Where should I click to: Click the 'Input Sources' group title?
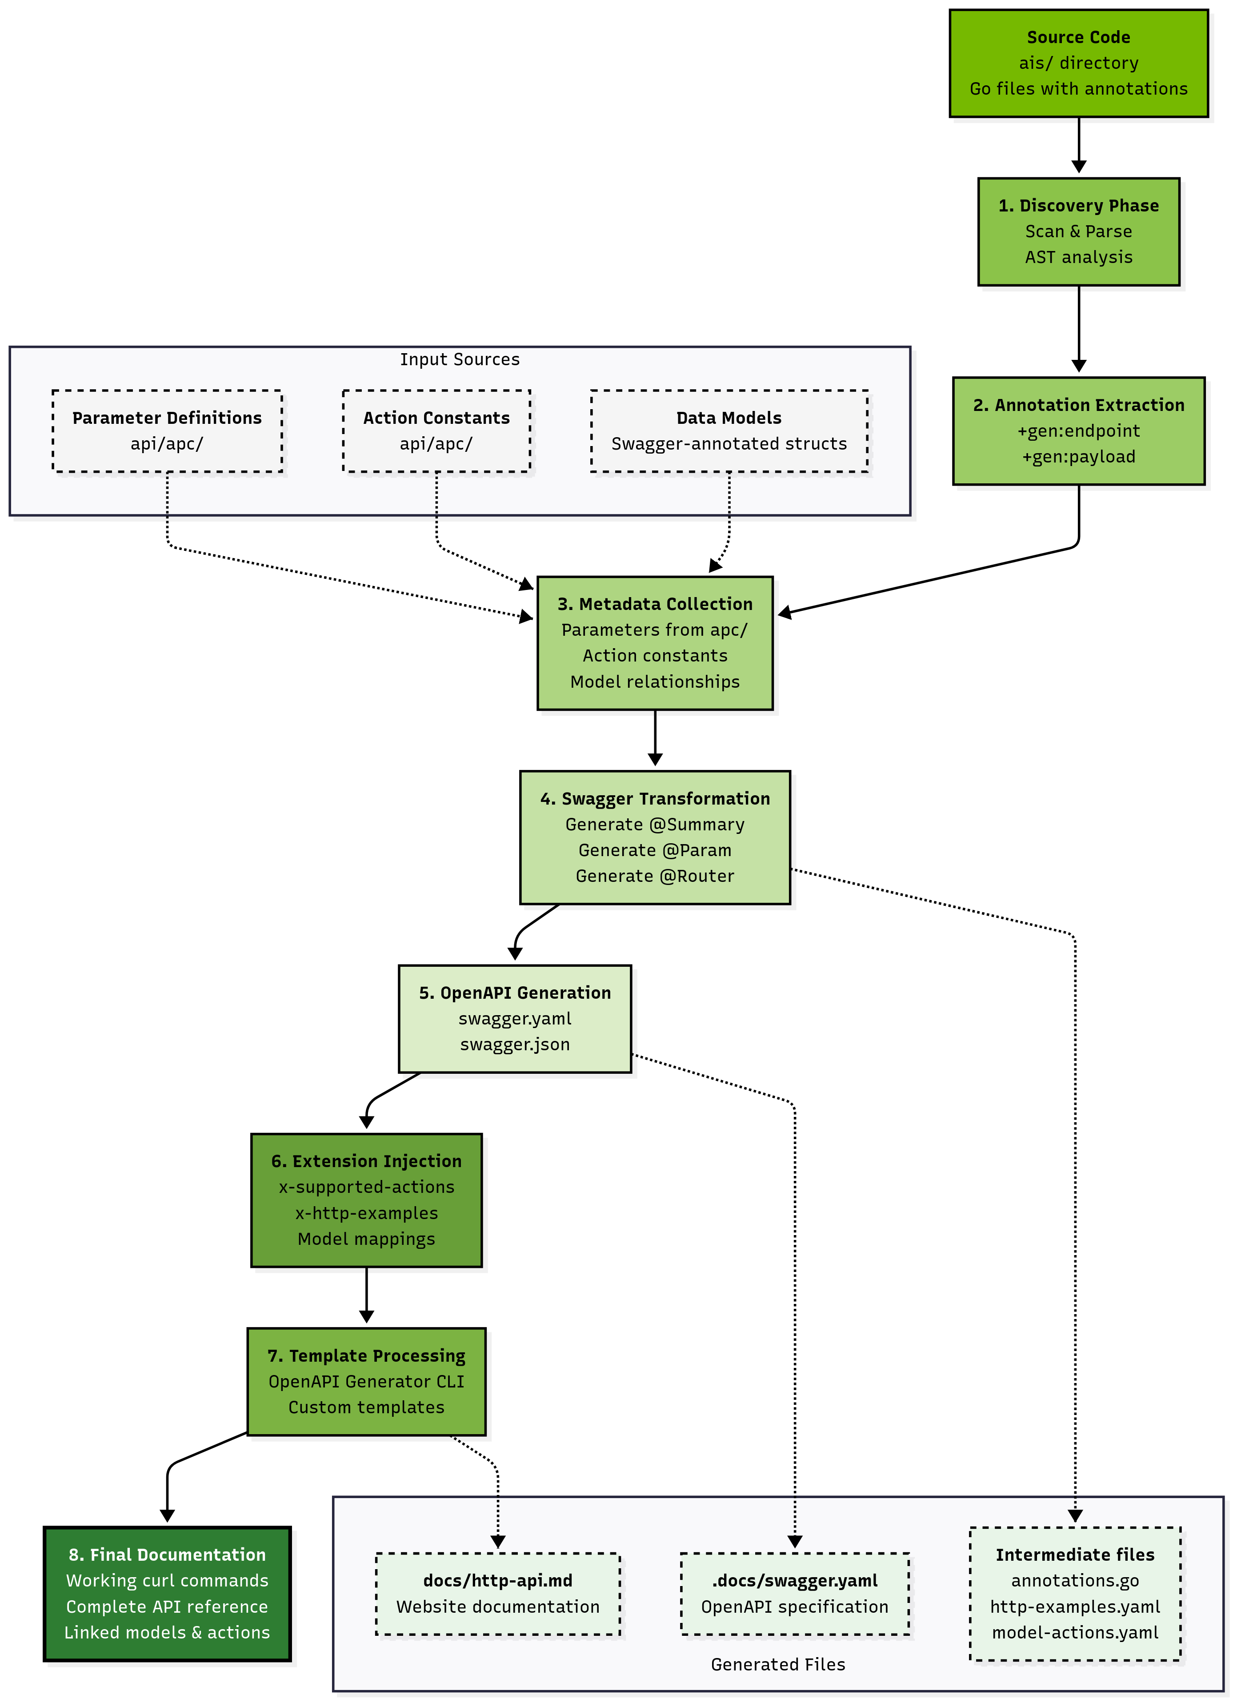(x=459, y=359)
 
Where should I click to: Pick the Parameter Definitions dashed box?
(x=167, y=431)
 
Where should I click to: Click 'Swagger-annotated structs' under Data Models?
(x=729, y=444)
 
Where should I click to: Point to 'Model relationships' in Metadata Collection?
(x=655, y=682)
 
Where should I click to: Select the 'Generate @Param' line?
(x=655, y=850)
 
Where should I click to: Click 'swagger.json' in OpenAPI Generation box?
(x=515, y=1044)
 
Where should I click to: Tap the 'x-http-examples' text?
(x=366, y=1212)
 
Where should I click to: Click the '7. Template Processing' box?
(x=366, y=1381)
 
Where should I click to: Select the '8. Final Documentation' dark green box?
(x=167, y=1593)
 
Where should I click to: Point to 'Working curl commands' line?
(x=167, y=1580)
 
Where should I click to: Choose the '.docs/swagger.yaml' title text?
(x=795, y=1580)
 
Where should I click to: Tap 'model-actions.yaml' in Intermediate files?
(x=1074, y=1632)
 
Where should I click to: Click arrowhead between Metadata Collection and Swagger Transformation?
(x=655, y=760)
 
